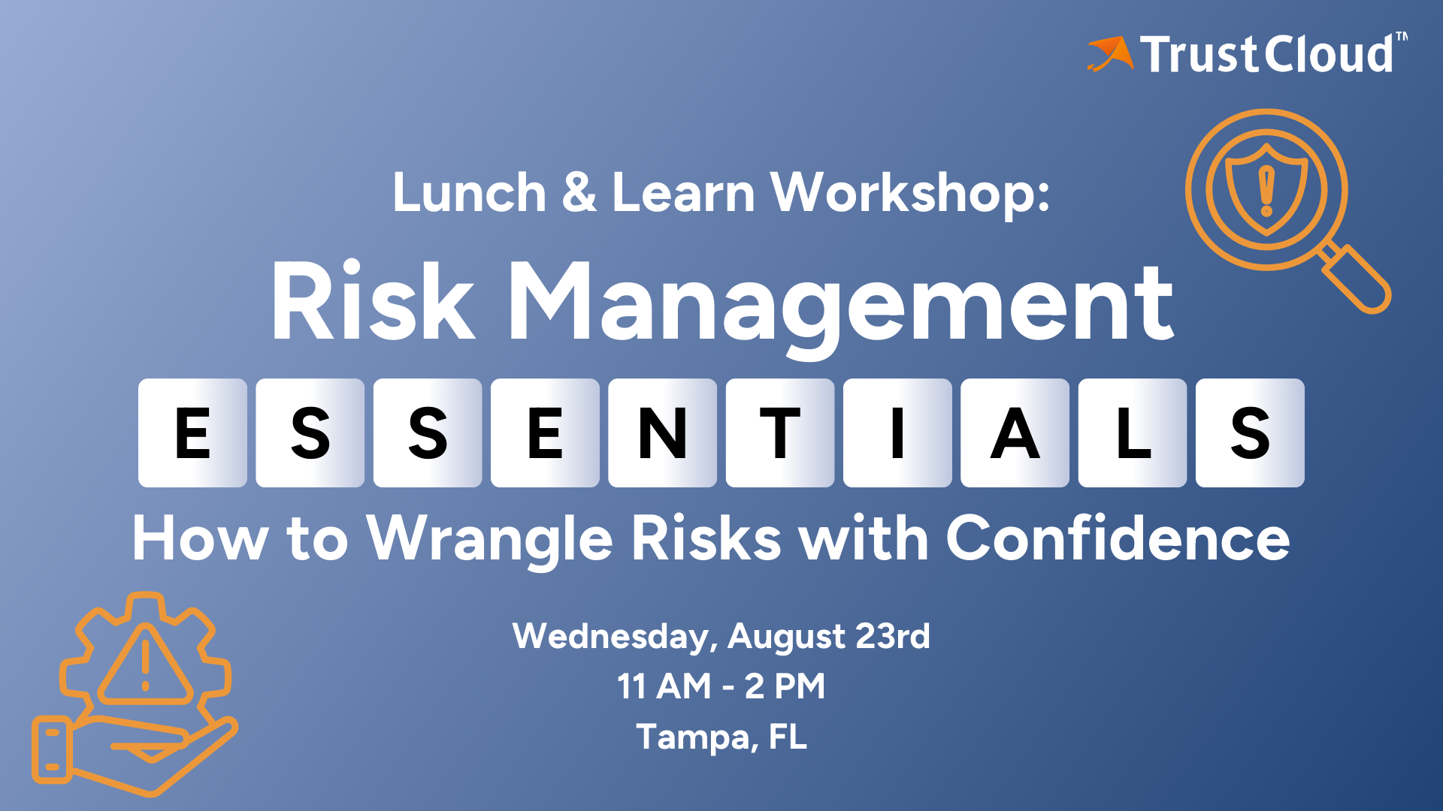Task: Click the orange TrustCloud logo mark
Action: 1111,54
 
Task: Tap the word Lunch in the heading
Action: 469,193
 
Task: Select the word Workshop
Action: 909,194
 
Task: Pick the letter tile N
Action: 662,433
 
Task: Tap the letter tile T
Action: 779,433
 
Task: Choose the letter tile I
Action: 897,433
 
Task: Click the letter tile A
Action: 1015,433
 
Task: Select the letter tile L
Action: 1133,433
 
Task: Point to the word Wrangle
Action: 489,539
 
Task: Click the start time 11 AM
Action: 664,686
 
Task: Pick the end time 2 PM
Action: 785,686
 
